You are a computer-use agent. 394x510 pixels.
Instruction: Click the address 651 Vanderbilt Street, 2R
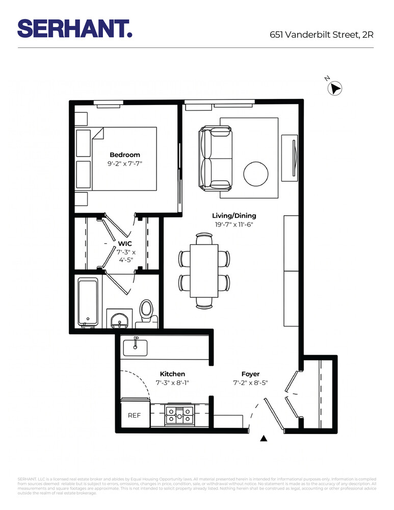(322, 35)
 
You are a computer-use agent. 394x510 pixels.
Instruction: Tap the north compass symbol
(334, 88)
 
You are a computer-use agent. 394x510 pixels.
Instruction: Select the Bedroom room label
(125, 155)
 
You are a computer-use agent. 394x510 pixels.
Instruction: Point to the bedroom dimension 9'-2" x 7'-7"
(125, 164)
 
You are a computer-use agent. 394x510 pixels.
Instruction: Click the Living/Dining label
(234, 216)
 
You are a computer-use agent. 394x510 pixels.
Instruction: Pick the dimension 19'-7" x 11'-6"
(234, 224)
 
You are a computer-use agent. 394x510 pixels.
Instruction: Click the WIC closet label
(125, 244)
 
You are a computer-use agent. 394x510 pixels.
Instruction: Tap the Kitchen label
(172, 374)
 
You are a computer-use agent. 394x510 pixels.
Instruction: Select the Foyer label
(250, 374)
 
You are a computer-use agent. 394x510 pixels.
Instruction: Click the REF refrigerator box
(134, 415)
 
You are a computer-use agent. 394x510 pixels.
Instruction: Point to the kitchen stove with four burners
(180, 415)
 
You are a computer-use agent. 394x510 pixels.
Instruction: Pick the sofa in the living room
(215, 159)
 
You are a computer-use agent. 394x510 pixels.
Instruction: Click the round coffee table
(255, 175)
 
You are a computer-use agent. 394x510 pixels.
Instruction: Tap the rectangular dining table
(204, 271)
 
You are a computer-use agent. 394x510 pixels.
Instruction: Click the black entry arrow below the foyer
(264, 438)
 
